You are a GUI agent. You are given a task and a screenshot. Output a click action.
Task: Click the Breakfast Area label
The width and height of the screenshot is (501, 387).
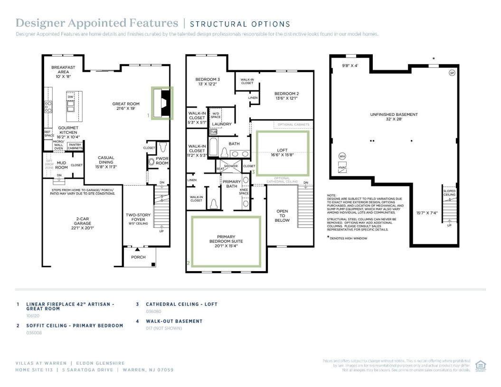click(63, 72)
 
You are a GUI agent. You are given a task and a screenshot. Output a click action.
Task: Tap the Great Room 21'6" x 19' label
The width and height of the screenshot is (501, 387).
click(126, 106)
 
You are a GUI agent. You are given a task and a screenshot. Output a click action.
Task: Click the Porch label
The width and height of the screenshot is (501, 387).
click(139, 257)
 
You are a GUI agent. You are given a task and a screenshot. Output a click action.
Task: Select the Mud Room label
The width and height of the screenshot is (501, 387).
click(61, 165)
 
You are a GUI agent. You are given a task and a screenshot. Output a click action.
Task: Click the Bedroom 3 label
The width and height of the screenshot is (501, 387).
click(208, 81)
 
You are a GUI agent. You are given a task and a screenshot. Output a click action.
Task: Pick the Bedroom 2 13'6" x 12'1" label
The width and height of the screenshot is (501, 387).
click(286, 96)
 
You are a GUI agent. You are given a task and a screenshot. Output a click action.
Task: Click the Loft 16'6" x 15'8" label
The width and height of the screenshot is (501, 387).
click(282, 152)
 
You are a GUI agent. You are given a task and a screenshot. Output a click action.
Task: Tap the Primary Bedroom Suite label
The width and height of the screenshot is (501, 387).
click(226, 241)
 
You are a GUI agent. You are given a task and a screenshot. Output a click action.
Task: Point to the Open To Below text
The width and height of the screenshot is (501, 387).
click(282, 216)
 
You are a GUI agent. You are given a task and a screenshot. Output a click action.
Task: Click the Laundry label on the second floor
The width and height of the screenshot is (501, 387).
click(222, 124)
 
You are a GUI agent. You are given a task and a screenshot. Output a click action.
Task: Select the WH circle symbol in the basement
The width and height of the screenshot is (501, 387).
click(342, 156)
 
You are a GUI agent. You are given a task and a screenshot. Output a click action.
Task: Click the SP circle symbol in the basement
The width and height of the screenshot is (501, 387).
click(452, 73)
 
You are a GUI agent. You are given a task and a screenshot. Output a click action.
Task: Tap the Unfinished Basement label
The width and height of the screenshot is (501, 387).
click(394, 117)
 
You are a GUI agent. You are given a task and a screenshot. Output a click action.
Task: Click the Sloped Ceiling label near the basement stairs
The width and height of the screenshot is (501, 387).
click(449, 193)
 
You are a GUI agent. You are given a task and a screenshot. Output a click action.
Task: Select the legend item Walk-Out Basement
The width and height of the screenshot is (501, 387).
click(174, 321)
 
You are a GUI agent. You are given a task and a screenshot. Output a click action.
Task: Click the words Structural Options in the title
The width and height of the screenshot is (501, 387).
click(240, 24)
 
